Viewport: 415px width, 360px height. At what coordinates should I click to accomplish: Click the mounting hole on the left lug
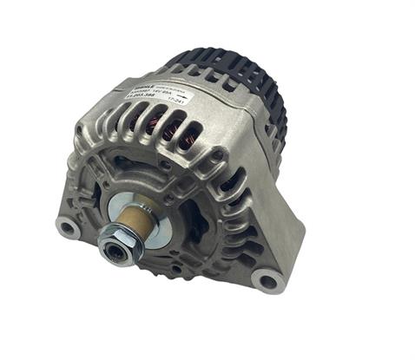65,228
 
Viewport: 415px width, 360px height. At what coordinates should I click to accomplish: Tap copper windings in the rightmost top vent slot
193,135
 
